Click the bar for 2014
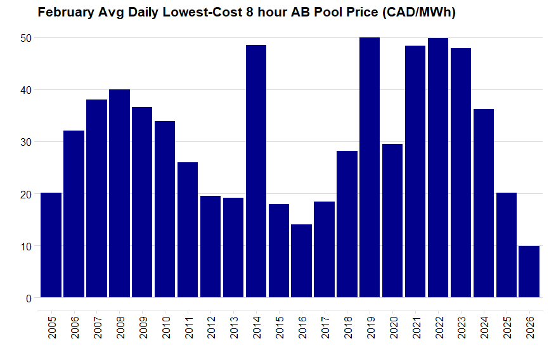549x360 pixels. [x=256, y=171]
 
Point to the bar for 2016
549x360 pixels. [x=302, y=260]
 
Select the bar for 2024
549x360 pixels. [x=484, y=203]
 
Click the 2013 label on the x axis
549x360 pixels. [x=234, y=328]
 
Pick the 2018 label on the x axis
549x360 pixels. [x=347, y=328]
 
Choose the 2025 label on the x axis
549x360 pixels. [x=507, y=328]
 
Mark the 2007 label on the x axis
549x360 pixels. [x=97, y=328]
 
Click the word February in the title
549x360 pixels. [x=65, y=12]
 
